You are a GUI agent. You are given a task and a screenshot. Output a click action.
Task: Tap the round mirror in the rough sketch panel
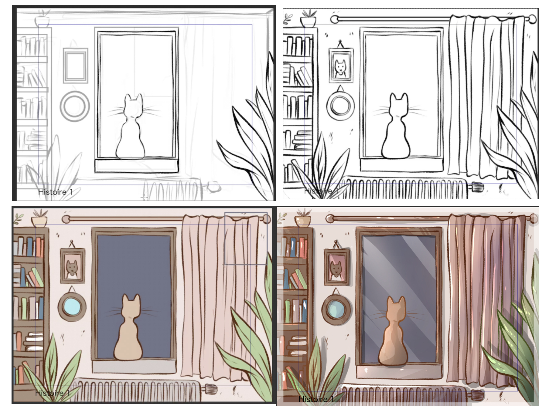pos(75,106)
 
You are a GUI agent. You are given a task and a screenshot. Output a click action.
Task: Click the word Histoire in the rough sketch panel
pos(52,192)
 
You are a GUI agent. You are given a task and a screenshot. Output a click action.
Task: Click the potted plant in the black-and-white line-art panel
pos(308,18)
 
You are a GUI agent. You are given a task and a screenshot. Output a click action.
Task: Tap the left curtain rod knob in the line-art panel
pos(335,19)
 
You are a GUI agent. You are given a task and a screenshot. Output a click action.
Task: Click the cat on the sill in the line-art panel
pos(396,127)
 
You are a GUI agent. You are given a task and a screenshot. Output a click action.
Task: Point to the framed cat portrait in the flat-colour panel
pos(73,266)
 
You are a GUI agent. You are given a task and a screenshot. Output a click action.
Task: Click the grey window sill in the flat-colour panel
pos(134,367)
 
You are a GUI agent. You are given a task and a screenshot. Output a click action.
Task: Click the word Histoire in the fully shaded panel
pos(313,399)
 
